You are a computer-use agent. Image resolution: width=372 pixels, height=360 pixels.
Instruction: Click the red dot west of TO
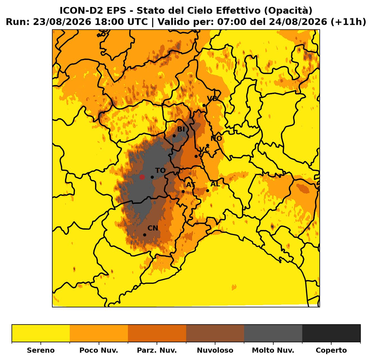click(x=142, y=177)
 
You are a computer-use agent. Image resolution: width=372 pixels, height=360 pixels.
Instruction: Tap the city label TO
click(x=160, y=170)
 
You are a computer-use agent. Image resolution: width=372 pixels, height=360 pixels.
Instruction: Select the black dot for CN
click(x=145, y=235)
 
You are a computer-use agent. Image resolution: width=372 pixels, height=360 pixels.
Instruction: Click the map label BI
click(x=181, y=129)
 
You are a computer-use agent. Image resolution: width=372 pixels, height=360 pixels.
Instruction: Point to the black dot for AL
click(x=208, y=191)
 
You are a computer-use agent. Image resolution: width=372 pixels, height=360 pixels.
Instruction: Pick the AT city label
click(x=191, y=185)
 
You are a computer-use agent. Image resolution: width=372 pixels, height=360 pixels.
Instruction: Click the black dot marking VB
click(x=204, y=106)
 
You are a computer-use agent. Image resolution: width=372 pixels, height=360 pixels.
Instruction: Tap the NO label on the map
click(x=216, y=138)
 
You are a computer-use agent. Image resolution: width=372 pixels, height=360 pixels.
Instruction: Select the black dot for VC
click(x=196, y=156)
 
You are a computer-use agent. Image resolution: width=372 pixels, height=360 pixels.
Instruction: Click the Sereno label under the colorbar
click(x=41, y=350)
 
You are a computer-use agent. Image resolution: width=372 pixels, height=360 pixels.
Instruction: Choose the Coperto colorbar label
click(x=331, y=350)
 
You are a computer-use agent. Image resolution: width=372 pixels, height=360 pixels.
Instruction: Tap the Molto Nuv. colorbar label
click(x=273, y=350)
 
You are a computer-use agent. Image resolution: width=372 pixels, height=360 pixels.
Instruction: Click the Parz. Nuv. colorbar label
click(x=157, y=350)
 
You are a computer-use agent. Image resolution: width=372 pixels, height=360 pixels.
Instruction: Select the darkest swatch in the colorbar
click(x=331, y=333)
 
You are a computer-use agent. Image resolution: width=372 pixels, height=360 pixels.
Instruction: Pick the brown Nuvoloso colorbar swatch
click(x=215, y=333)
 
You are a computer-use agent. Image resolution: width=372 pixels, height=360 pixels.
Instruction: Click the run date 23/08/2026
click(x=62, y=22)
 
